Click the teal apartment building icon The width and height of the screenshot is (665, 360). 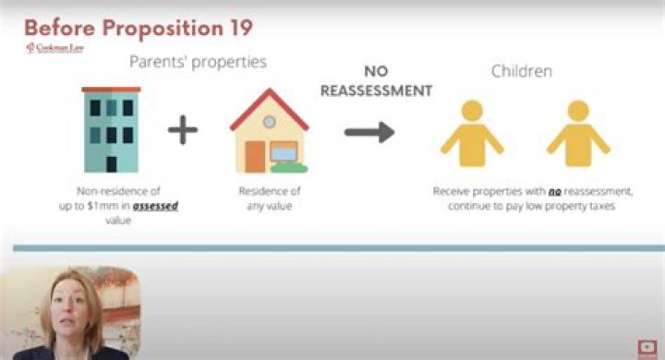coord(110,128)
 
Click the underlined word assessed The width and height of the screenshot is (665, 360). coord(154,207)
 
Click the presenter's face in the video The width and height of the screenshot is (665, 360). coord(68,308)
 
